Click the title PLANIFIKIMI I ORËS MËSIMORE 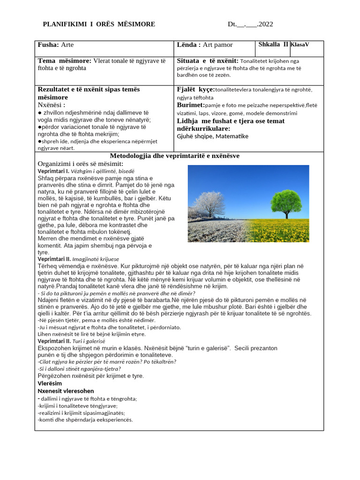(99, 24)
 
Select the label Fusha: (48, 45)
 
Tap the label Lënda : (188, 45)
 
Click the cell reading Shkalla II (273, 45)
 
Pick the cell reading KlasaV (300, 45)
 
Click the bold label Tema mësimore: (65, 61)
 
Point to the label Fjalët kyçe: (195, 89)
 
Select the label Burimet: (191, 105)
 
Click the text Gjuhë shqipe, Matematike (212, 136)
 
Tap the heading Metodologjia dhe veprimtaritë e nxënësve (174, 156)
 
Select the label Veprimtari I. (53, 172)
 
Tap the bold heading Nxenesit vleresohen (66, 391)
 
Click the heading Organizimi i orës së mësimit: (80, 164)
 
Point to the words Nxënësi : (51, 105)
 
